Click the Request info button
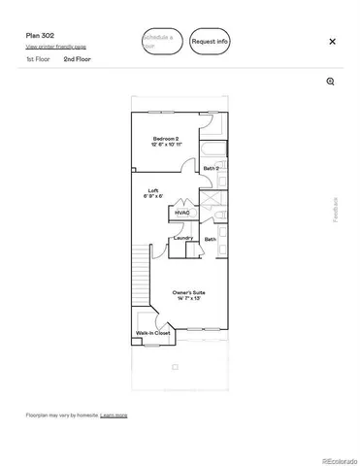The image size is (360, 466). pyautogui.click(x=210, y=42)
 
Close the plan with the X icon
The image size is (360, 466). pyautogui.click(x=333, y=42)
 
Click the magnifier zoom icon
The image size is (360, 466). pyautogui.click(x=331, y=82)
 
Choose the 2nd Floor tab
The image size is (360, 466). pyautogui.click(x=78, y=59)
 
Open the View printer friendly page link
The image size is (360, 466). pyautogui.click(x=55, y=47)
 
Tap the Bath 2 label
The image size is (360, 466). pyautogui.click(x=211, y=169)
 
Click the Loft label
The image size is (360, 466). pyautogui.click(x=153, y=190)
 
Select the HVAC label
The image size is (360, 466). pyautogui.click(x=182, y=213)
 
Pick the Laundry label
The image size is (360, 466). pyautogui.click(x=182, y=238)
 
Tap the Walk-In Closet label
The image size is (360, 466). pyautogui.click(x=153, y=334)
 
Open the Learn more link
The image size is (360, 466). pyautogui.click(x=114, y=415)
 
